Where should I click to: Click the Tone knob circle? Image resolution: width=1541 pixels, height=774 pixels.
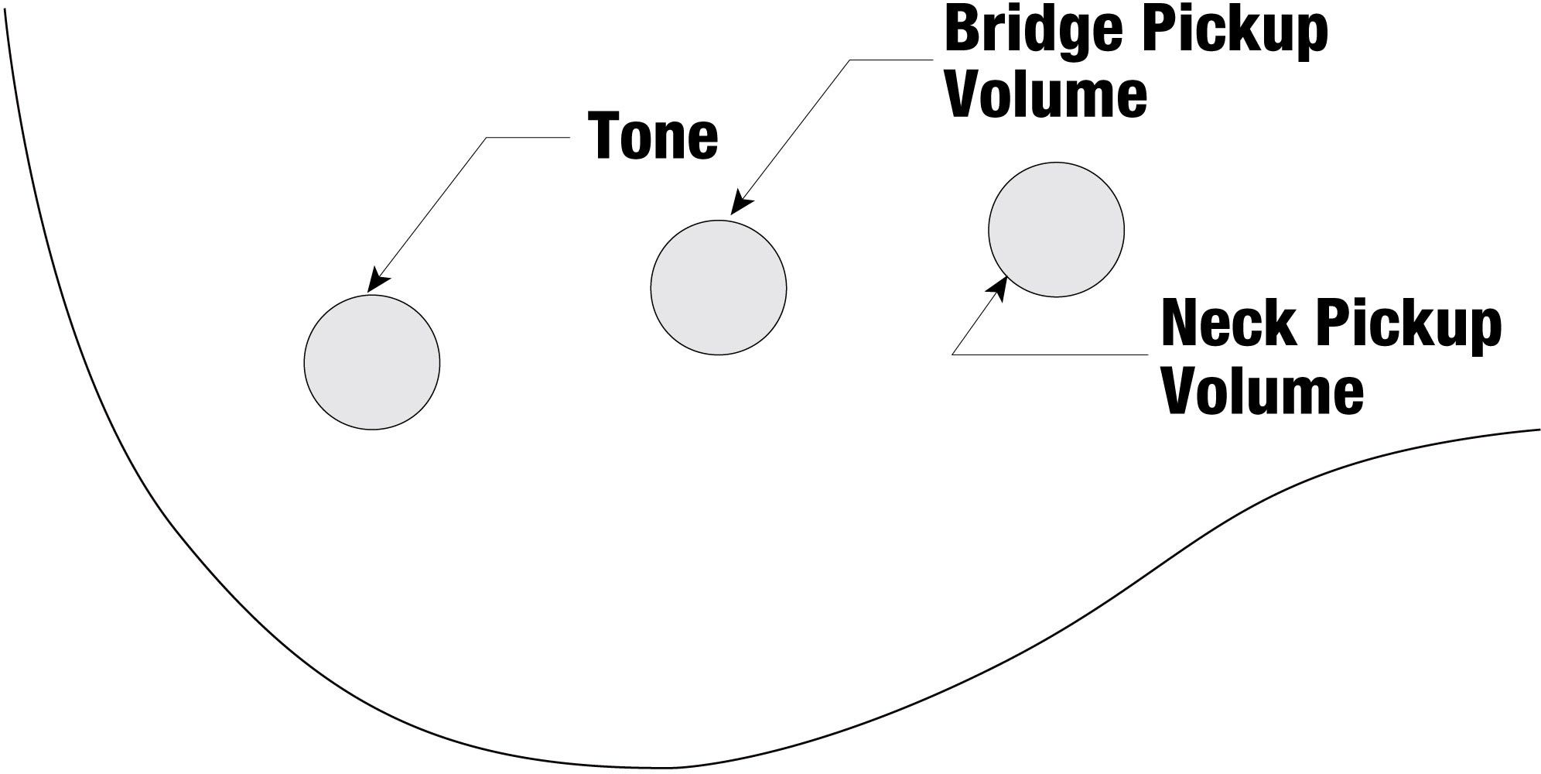tap(372, 362)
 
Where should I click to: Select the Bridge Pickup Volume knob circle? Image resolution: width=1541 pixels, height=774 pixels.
tap(719, 288)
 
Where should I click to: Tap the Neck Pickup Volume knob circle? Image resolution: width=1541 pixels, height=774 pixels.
tap(1056, 230)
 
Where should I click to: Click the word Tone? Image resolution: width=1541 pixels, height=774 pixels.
tap(654, 137)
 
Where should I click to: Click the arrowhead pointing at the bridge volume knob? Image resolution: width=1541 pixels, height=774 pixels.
tap(740, 203)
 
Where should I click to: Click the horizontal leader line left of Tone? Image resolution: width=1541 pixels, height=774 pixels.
tap(528, 138)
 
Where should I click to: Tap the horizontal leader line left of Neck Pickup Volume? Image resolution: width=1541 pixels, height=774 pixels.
tap(1052, 354)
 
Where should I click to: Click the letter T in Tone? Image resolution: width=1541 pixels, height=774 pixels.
tap(606, 137)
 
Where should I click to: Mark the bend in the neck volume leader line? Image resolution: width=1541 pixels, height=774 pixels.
tap(953, 354)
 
